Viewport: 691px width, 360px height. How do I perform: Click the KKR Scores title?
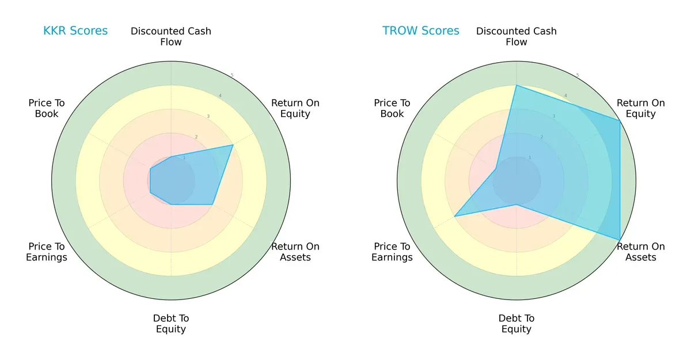75,31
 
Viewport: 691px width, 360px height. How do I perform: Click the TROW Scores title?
421,31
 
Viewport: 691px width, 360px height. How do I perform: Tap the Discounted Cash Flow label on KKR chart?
171,36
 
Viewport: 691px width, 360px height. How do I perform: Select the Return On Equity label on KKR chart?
295,108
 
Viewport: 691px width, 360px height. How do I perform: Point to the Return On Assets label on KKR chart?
295,252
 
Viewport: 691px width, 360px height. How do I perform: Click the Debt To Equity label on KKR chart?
171,324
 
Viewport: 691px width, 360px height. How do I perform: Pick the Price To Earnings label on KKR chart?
47,252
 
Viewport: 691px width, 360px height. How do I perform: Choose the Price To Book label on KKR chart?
47,108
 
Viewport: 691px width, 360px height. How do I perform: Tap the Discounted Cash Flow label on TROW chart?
517,36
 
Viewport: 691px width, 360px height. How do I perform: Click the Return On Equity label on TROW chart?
641,108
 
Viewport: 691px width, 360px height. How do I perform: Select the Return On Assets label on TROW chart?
641,252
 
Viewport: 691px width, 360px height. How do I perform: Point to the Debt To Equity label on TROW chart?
517,324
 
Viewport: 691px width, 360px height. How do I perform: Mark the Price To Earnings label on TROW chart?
392,252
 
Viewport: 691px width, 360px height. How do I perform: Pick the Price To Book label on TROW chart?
392,108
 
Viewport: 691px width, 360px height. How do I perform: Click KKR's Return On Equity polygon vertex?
233,145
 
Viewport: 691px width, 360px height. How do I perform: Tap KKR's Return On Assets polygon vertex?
212,204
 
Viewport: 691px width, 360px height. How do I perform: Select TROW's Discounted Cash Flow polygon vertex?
517,86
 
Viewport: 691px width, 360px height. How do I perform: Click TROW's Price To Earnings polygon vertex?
455,216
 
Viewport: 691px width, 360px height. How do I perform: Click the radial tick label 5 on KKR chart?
232,75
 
